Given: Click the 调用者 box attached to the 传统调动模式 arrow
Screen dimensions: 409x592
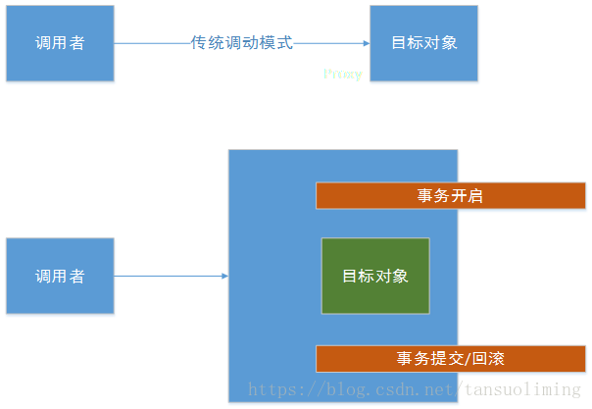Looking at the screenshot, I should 60,43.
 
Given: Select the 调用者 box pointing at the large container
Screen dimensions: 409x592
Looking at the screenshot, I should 60,277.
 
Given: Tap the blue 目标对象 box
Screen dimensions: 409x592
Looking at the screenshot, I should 423,43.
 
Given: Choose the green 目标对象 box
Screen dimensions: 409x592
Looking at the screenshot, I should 375,276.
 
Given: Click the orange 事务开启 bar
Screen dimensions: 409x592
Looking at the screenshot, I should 450,195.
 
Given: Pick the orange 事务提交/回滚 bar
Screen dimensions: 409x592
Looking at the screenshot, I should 450,358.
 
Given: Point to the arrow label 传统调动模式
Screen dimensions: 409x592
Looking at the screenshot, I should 242,43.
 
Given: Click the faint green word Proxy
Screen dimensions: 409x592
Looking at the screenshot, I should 342,74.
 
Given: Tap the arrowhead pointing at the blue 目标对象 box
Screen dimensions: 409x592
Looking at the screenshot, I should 366,43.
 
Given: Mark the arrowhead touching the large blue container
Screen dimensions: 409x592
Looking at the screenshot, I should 224,277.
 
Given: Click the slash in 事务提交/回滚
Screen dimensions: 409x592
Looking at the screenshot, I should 462,358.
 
